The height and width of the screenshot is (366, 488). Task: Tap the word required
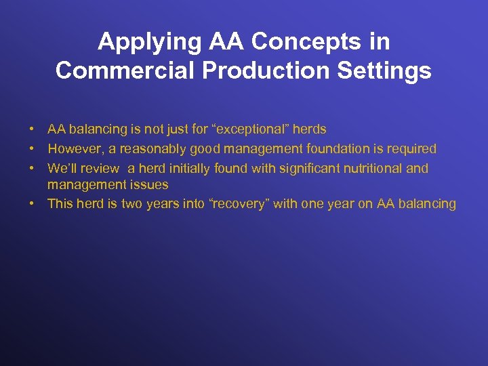(412, 149)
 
